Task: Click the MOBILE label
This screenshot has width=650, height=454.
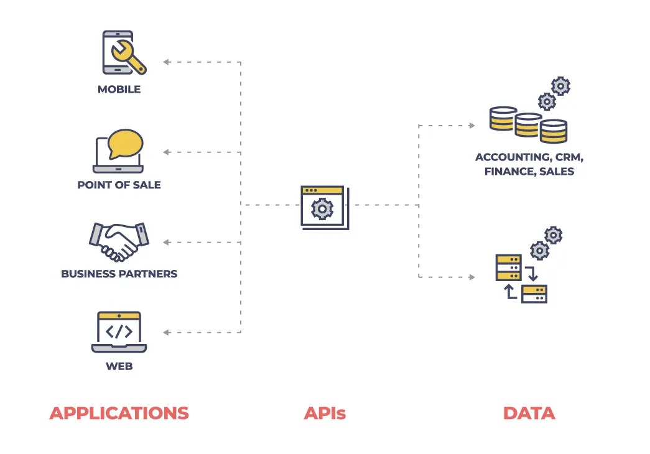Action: pos(119,90)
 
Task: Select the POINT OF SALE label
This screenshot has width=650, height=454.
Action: pos(119,185)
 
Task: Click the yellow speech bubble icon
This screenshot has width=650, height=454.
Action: pos(125,144)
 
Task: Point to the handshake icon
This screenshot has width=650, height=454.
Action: pos(119,241)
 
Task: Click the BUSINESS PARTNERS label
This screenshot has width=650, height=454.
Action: pos(119,274)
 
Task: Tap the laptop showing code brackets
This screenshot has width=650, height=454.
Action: pos(119,332)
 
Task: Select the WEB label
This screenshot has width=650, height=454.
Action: pos(119,366)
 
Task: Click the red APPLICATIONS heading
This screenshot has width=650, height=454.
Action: pos(119,413)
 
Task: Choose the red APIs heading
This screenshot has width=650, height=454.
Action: pos(325,413)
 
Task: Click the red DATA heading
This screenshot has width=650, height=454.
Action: pos(529,413)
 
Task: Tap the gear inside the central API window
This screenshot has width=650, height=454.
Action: pos(322,208)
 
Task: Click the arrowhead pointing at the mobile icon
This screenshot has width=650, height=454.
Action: pos(167,62)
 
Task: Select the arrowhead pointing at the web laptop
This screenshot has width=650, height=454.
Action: pos(167,333)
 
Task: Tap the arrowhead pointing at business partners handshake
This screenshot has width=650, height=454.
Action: pos(167,242)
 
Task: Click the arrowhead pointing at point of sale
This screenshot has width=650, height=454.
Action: pos(167,152)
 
